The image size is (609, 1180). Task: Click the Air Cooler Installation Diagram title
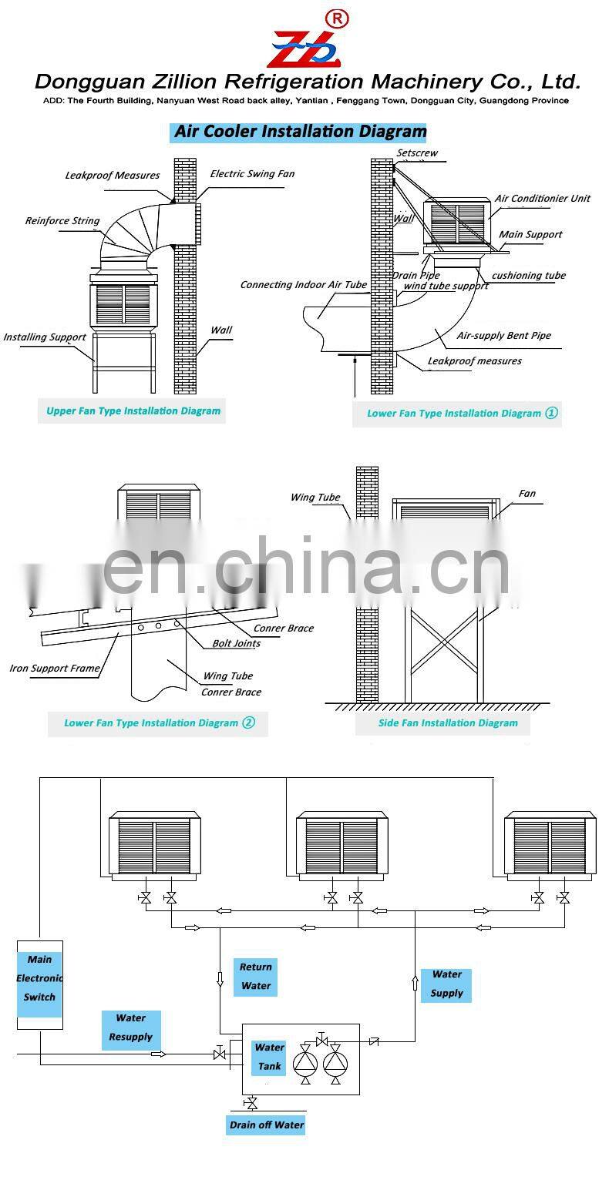coord(299,132)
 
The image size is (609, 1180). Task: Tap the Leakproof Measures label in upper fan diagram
coord(113,176)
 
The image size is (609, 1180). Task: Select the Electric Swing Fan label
coord(252,174)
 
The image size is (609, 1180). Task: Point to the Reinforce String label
coord(62,221)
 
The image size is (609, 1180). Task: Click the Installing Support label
coord(45,337)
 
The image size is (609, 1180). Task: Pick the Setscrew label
coord(417,153)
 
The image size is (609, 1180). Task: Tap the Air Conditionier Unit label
coord(542,199)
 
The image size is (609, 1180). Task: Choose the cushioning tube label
coord(528,276)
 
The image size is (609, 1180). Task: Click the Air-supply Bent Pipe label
coord(503,336)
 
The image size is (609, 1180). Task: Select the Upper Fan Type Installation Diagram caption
coord(133,411)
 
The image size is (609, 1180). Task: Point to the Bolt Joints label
coord(237,643)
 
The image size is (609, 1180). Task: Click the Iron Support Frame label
coord(55,669)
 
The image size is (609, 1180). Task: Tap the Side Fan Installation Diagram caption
coord(448,722)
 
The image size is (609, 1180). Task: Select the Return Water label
coord(256,977)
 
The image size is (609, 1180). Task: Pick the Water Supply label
coord(446,984)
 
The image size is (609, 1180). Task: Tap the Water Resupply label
coord(131,1027)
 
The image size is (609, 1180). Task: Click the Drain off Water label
coord(267,1125)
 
